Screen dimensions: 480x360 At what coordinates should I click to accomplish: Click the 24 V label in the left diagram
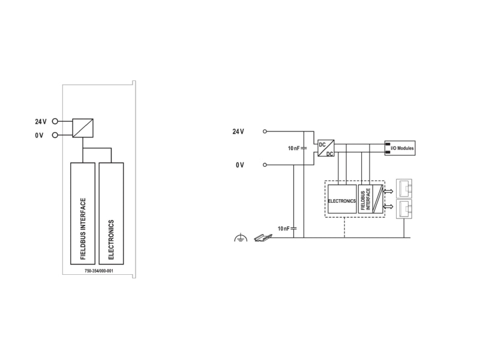click(41, 122)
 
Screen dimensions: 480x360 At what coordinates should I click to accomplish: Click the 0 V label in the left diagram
click(39, 136)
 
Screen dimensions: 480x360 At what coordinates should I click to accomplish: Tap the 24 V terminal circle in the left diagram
click(55, 121)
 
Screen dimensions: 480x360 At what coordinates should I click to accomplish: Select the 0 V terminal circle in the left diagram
click(55, 135)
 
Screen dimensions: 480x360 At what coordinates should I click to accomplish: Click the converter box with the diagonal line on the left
click(83, 128)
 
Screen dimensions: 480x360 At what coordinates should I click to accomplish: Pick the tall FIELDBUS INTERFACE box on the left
click(83, 214)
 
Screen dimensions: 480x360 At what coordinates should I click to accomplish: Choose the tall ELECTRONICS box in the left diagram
click(111, 214)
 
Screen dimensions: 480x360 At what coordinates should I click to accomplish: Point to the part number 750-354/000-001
click(99, 271)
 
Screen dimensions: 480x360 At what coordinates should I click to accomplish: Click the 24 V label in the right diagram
click(238, 131)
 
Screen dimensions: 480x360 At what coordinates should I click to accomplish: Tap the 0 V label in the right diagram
click(240, 165)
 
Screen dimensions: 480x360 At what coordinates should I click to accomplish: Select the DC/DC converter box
click(326, 148)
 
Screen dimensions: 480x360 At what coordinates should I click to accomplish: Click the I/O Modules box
click(400, 148)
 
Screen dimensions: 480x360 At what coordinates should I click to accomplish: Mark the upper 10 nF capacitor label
click(293, 148)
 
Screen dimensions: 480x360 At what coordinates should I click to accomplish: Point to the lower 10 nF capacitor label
click(283, 229)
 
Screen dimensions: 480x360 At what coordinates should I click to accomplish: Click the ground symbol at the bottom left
click(241, 238)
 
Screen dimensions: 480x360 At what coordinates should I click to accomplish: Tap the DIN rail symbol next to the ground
click(263, 238)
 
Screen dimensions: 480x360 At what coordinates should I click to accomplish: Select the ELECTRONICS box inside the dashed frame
click(342, 199)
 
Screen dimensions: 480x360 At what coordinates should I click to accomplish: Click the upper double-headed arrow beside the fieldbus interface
click(388, 191)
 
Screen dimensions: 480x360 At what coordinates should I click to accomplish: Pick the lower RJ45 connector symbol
click(404, 209)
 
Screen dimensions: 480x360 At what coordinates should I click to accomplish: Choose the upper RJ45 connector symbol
click(404, 189)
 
